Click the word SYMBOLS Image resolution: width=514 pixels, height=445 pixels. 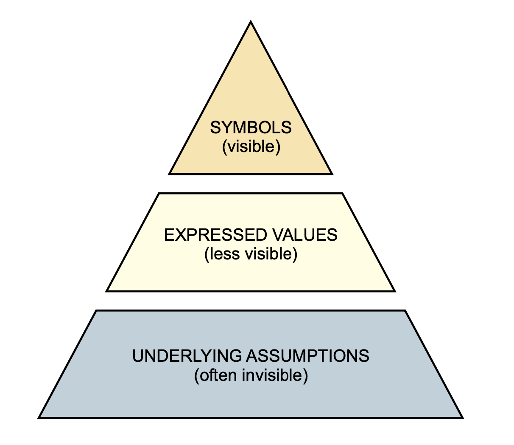pos(251,127)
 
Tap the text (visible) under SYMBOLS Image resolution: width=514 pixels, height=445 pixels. pos(251,147)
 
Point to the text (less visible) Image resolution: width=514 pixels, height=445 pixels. pos(251,254)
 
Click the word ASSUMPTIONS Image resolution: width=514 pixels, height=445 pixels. pos(307,356)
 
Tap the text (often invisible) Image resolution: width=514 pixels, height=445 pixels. pos(251,376)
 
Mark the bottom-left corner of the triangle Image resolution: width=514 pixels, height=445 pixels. pos(170,174)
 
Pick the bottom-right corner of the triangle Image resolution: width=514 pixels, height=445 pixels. pos(332,174)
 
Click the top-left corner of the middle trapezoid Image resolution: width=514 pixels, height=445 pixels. pos(159,194)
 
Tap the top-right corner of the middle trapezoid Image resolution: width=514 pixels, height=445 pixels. pos(342,194)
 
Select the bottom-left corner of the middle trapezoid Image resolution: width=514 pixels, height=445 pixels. pos(107,291)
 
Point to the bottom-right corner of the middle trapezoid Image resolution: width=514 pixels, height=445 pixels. pos(394,291)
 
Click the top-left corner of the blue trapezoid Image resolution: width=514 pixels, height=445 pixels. pos(97,311)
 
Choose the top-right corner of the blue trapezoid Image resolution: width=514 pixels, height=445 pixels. pos(405,311)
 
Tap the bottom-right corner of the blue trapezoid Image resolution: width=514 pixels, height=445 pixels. pos(462,417)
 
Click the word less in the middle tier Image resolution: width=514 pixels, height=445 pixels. pos(219,254)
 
